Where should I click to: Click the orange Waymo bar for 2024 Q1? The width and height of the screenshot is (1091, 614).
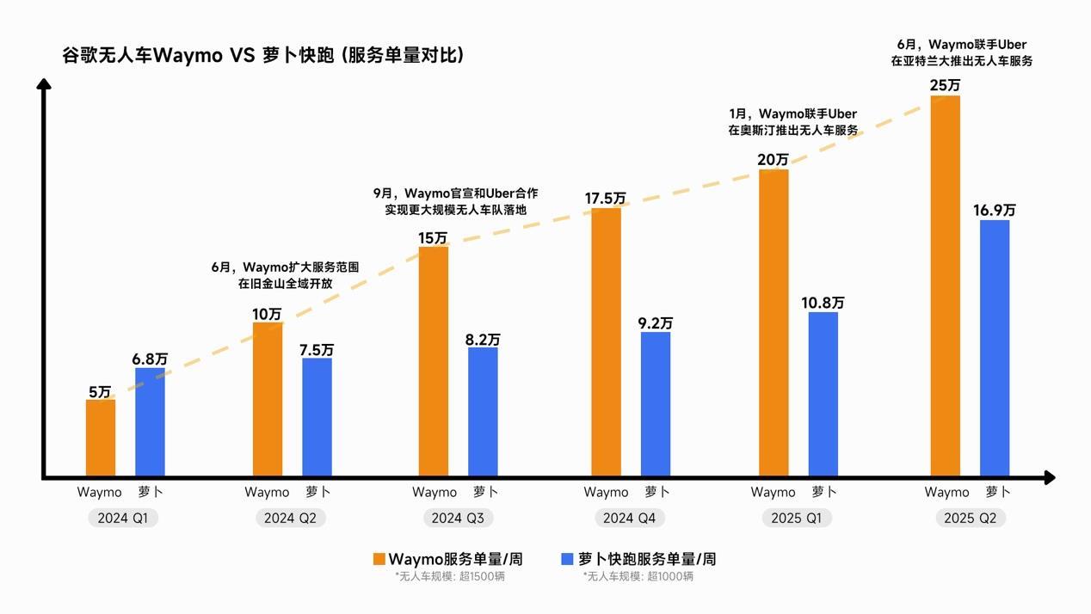(x=101, y=437)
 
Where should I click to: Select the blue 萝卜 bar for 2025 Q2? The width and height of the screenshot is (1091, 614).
(x=995, y=348)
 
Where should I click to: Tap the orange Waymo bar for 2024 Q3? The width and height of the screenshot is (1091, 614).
(x=434, y=361)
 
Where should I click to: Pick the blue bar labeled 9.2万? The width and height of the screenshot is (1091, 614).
(x=656, y=404)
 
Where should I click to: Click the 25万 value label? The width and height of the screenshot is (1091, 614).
(x=946, y=86)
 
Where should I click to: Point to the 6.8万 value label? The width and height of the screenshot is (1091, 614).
(x=150, y=359)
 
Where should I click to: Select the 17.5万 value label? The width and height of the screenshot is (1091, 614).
(x=606, y=199)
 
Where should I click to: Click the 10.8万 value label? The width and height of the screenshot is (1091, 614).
(x=823, y=303)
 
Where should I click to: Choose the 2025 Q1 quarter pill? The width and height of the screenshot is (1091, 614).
(x=797, y=519)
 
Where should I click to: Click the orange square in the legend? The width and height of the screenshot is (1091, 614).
(x=379, y=559)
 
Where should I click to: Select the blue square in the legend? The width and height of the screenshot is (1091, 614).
(x=567, y=559)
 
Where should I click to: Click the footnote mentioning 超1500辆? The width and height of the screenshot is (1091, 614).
(x=450, y=576)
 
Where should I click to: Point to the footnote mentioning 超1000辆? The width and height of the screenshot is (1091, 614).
(x=638, y=576)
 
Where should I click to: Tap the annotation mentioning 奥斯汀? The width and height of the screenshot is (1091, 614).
(x=792, y=122)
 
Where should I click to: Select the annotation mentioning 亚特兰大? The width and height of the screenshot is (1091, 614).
(x=961, y=52)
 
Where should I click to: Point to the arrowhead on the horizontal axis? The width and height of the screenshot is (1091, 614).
(x=1049, y=477)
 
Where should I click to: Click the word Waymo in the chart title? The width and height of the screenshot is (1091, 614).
(x=188, y=56)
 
